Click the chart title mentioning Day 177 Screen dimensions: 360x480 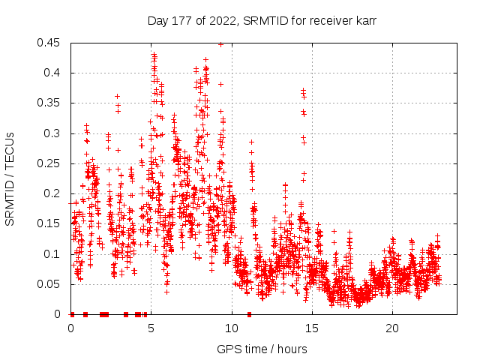click(262, 21)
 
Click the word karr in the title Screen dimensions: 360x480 click(365, 21)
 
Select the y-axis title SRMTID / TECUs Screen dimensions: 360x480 click(10, 179)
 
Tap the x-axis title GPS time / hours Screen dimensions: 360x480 click(262, 349)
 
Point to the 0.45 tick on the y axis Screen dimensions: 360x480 click(49, 43)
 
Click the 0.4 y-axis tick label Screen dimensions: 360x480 click(52, 73)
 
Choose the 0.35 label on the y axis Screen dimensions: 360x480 click(49, 103)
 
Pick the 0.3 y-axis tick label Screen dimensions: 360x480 click(52, 133)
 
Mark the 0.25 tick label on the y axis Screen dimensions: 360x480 click(49, 163)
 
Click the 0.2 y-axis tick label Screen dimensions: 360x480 click(52, 193)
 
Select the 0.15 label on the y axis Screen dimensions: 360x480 click(49, 223)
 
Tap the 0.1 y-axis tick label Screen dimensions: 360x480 click(52, 253)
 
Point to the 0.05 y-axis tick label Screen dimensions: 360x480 click(49, 284)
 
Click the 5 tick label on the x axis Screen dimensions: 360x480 click(151, 328)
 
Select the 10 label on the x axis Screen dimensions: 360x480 click(232, 328)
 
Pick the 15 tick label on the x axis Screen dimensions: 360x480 click(312, 328)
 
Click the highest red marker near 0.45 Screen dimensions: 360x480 click(220, 44)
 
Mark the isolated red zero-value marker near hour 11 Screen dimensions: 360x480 click(249, 314)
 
